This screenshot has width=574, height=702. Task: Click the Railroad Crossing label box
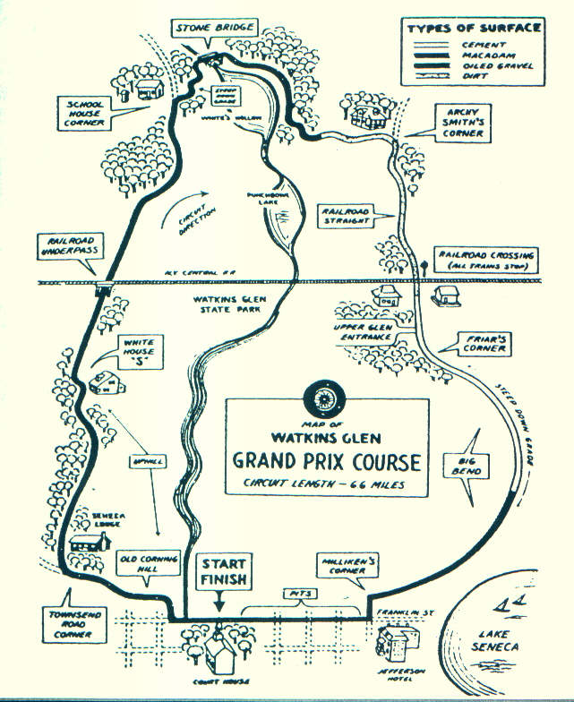point(487,261)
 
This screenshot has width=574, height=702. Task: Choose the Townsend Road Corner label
point(65,624)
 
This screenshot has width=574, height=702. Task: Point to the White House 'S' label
point(140,349)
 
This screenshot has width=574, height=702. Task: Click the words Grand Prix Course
point(326,462)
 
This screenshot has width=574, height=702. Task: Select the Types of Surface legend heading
point(474,28)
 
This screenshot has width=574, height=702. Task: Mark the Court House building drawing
point(221,658)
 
